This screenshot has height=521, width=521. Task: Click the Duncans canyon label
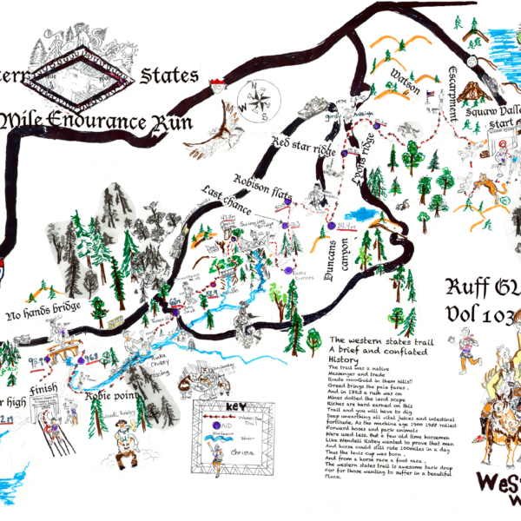(x=333, y=261)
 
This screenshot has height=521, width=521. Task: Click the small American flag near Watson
(x=430, y=91)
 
